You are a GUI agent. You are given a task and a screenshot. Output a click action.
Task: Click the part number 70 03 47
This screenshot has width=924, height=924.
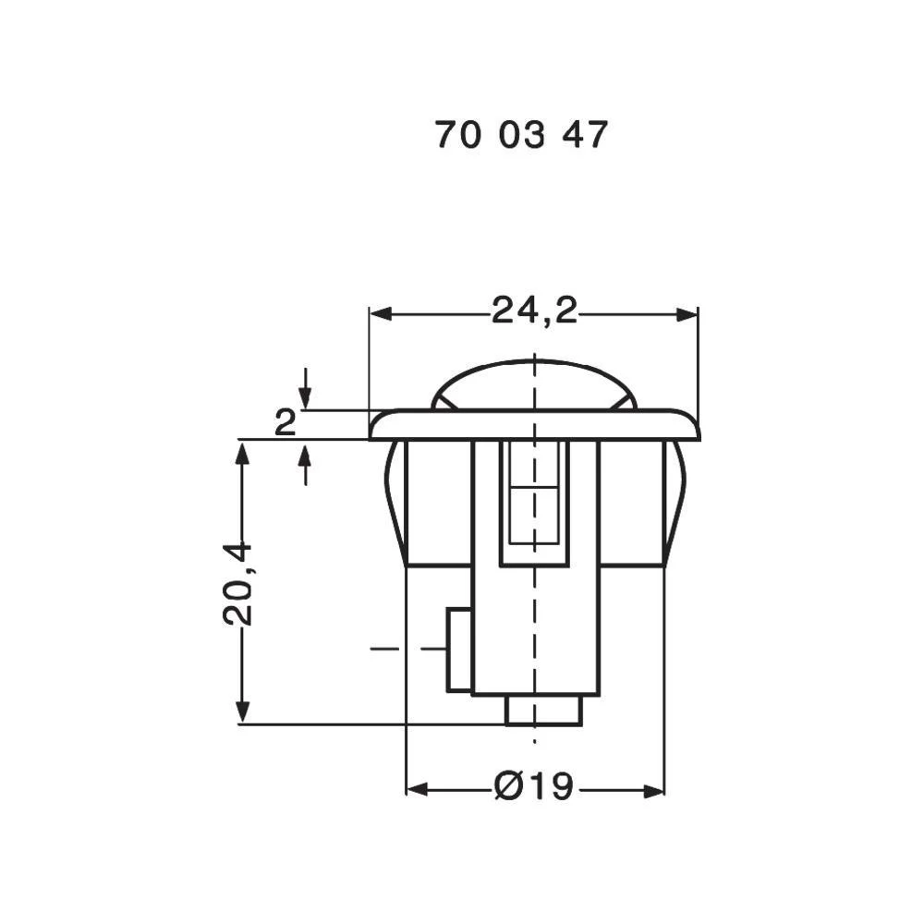coord(521,136)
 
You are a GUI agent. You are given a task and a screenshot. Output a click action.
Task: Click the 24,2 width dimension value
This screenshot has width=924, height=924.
coord(534,312)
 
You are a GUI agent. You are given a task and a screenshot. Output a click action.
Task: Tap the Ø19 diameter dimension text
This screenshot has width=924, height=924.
coord(534,788)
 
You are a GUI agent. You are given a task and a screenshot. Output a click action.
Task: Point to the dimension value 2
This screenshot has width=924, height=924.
coord(286,424)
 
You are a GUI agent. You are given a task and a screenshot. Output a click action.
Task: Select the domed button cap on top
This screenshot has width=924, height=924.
coord(534,383)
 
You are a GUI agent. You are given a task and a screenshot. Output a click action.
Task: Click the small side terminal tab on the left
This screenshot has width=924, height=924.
coord(457,650)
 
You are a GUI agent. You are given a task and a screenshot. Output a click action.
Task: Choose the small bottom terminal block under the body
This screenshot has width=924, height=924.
coord(543,710)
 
